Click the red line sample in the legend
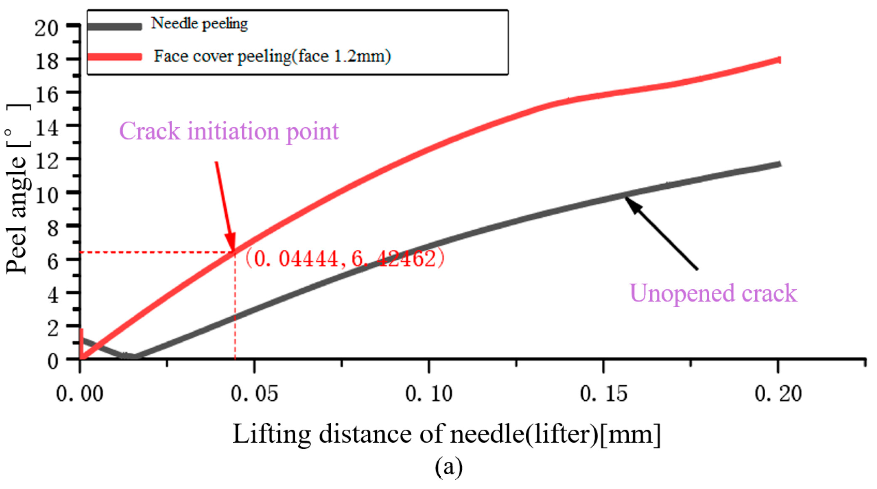[x=114, y=57]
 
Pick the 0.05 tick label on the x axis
[x=254, y=394]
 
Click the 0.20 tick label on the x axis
[x=778, y=394]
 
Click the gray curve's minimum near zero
[x=131, y=356]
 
